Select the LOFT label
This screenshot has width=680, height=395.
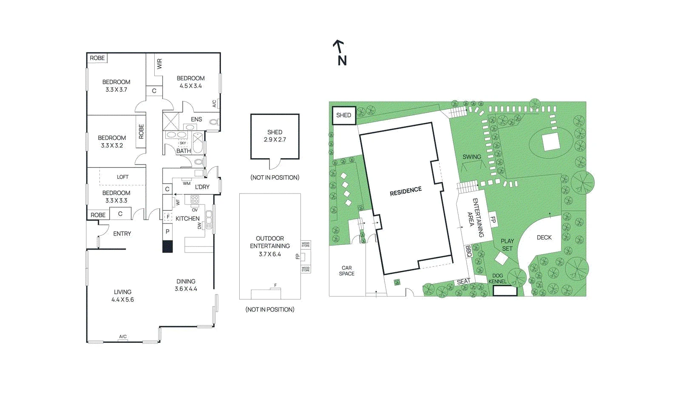tap(123, 177)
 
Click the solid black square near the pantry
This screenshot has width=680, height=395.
tap(167, 247)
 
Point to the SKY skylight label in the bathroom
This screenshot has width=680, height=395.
tap(183, 143)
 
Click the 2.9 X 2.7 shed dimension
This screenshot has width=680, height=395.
tap(275, 139)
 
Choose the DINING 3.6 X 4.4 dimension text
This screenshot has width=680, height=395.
tap(186, 289)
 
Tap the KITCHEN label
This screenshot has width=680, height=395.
tap(187, 218)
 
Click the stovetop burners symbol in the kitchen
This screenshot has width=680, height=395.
tap(195, 199)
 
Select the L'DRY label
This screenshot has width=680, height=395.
tap(202, 187)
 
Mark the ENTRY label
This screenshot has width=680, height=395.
tap(122, 233)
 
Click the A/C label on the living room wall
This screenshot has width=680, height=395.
tap(123, 336)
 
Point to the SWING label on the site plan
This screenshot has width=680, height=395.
tap(472, 156)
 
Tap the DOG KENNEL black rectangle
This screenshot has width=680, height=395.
tap(505, 291)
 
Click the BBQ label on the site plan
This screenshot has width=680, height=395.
tap(468, 251)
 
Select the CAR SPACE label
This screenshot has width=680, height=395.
tap(347, 270)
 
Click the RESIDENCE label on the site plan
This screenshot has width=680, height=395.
tap(405, 191)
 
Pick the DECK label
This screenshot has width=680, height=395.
tap(544, 237)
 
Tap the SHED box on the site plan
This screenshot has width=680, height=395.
tap(344, 115)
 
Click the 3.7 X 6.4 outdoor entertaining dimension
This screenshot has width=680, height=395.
tap(270, 254)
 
